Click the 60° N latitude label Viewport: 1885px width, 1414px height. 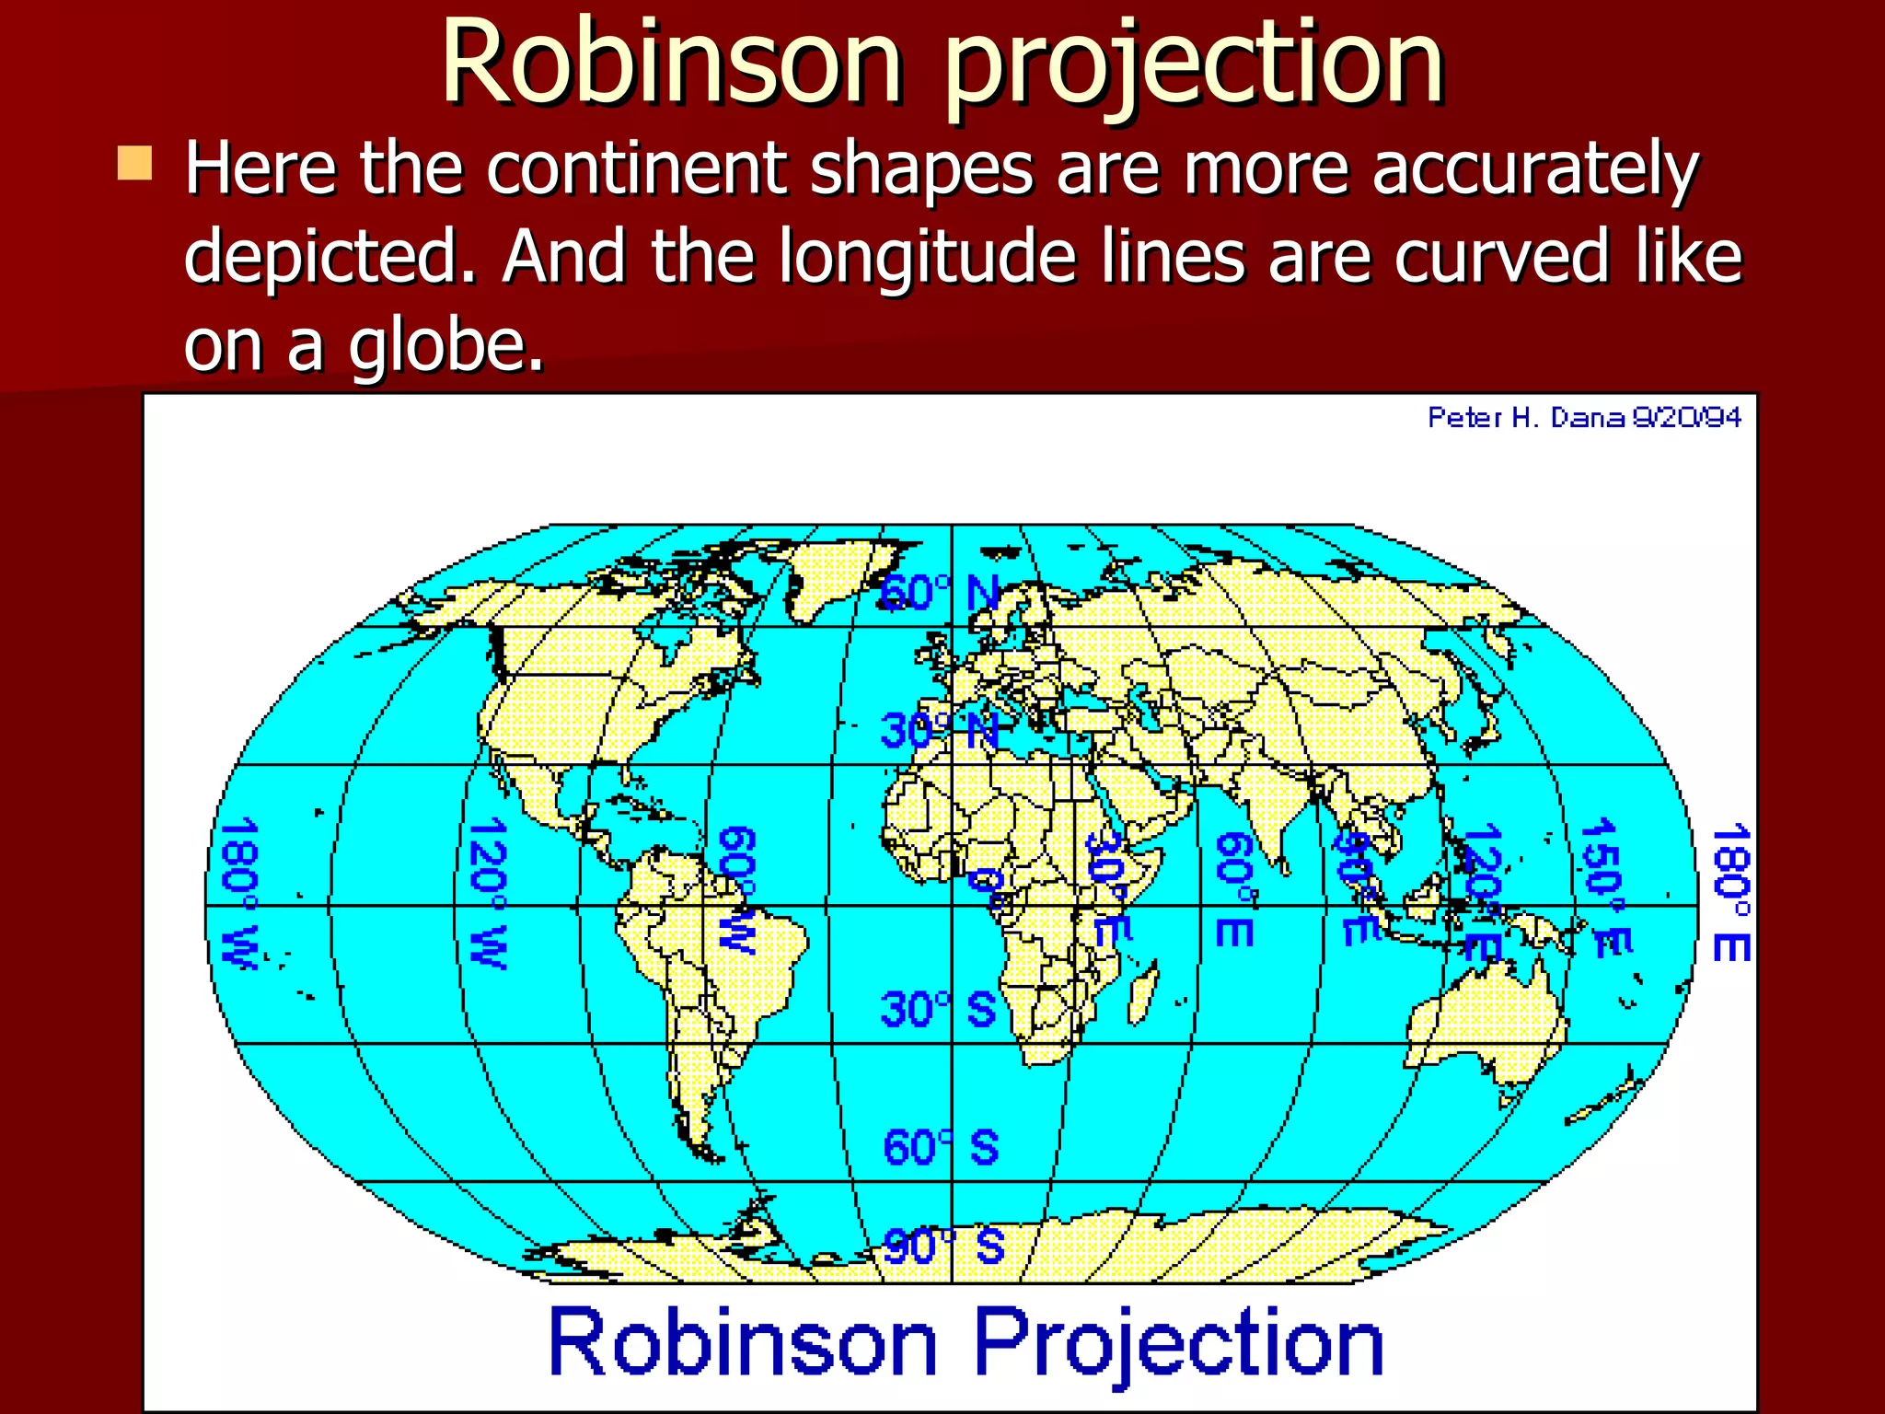click(x=939, y=594)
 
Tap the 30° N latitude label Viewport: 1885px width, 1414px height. click(x=939, y=732)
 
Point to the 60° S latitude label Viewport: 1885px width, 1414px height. click(x=940, y=1148)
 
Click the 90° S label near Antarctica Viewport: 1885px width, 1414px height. click(x=942, y=1247)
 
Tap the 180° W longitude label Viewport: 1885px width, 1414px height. click(x=238, y=893)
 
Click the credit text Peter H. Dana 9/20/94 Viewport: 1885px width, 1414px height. click(x=1583, y=418)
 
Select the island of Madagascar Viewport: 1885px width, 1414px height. click(x=1141, y=994)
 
